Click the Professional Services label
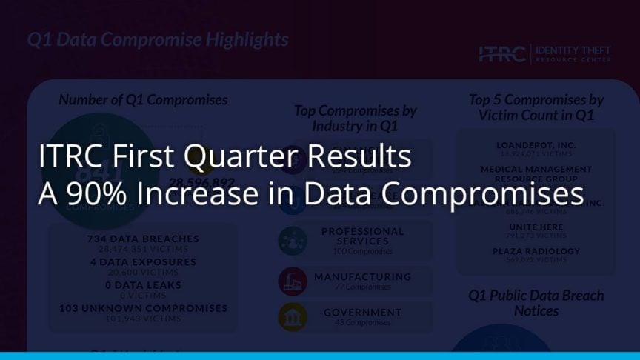point(362,236)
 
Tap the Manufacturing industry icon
point(293,281)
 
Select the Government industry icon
point(293,317)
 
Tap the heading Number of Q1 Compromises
point(143,99)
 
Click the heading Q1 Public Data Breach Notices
point(536,303)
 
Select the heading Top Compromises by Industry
point(356,118)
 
